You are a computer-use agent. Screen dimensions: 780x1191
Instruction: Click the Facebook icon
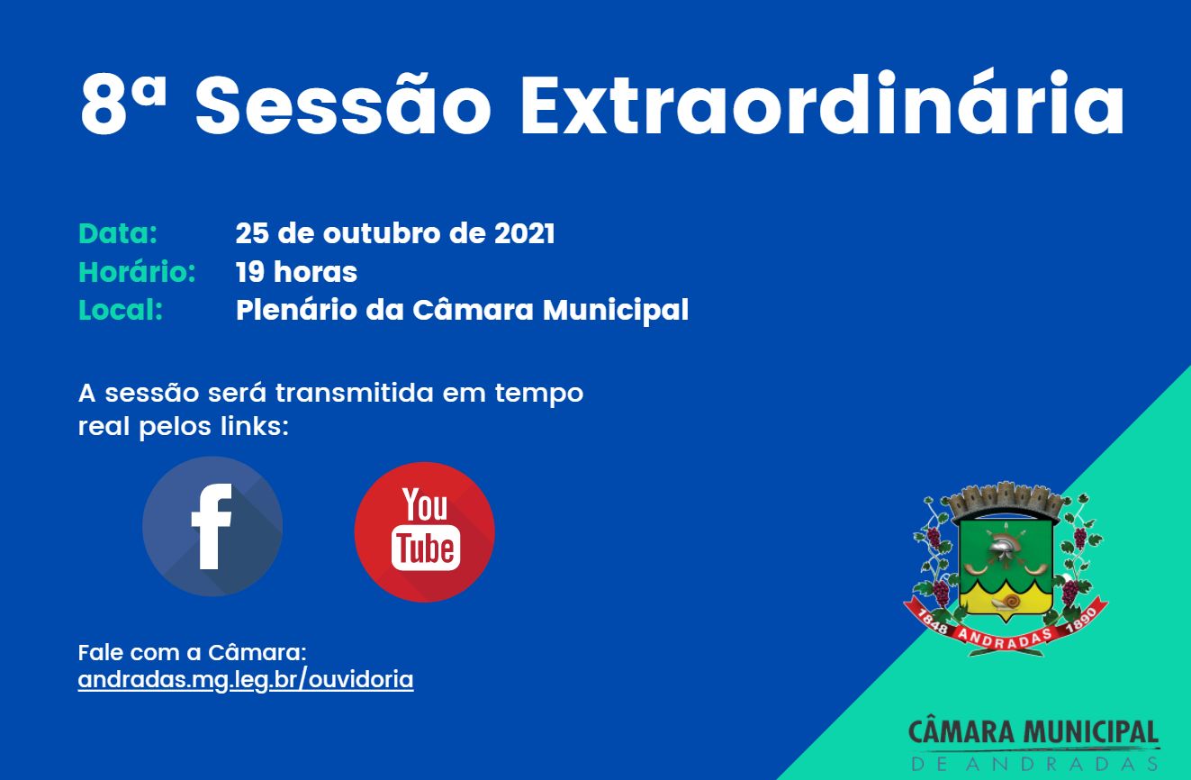click(x=212, y=527)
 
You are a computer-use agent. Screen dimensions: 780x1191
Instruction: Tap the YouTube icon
click(x=424, y=531)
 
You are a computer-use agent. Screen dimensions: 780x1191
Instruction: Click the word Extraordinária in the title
click(x=822, y=106)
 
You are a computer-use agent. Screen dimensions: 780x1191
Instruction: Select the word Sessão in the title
click(x=343, y=106)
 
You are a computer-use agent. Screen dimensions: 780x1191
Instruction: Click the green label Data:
click(x=118, y=233)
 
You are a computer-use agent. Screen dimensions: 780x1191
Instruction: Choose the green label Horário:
click(x=137, y=272)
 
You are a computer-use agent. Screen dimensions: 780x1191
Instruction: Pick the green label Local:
click(x=121, y=310)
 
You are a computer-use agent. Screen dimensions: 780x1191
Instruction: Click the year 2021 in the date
click(x=524, y=233)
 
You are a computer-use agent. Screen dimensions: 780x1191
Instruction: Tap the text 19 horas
click(x=296, y=272)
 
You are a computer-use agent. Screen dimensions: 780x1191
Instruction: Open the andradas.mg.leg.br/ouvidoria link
click(x=246, y=679)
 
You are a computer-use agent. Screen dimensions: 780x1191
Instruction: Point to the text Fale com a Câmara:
click(x=193, y=652)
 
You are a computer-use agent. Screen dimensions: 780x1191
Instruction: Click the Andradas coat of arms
click(x=1006, y=563)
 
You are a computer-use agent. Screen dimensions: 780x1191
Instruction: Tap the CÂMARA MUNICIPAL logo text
click(x=1033, y=732)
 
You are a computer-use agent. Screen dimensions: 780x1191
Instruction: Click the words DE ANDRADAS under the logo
click(x=1033, y=764)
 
